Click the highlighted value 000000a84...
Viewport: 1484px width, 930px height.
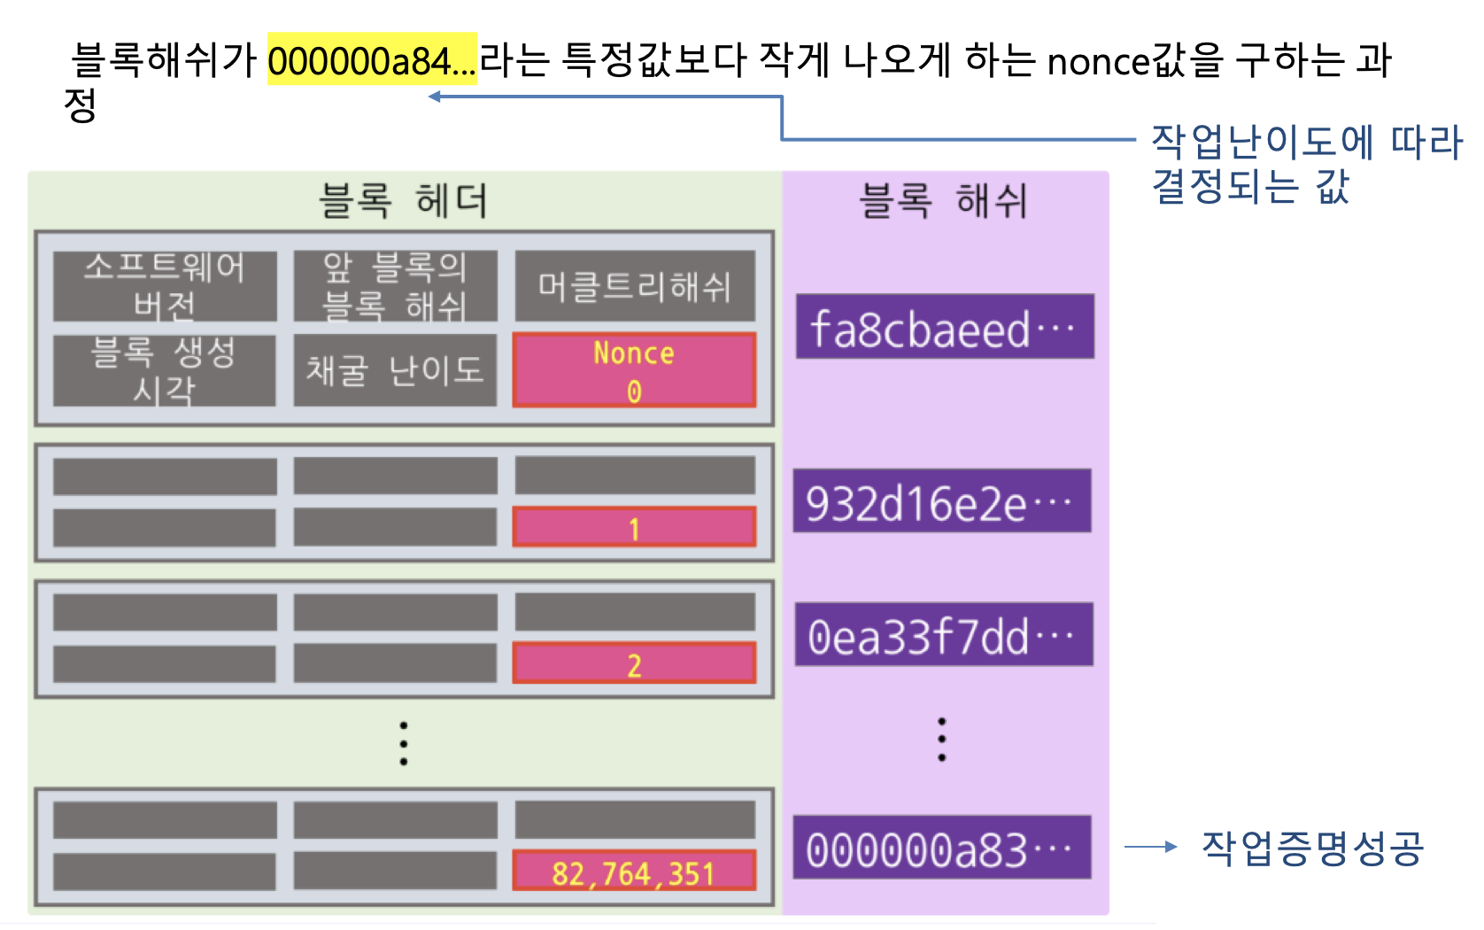[x=372, y=61]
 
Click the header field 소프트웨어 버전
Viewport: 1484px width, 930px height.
[x=165, y=285]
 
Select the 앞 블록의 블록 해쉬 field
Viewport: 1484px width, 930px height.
[x=395, y=285]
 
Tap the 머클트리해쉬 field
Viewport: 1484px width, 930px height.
[x=635, y=285]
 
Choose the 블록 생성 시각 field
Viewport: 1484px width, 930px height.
[x=165, y=370]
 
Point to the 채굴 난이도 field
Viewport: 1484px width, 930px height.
[x=395, y=370]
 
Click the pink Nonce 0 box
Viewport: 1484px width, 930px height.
[x=634, y=370]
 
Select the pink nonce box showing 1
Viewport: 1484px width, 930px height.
[x=634, y=527]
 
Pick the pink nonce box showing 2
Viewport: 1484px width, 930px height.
[x=634, y=664]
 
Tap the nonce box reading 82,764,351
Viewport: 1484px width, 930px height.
[x=634, y=872]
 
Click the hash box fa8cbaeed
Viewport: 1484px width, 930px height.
[x=945, y=327]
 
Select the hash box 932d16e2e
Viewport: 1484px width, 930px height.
[x=941, y=501]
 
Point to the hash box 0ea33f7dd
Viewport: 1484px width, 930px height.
[x=944, y=635]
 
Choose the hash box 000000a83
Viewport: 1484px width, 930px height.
[x=941, y=848]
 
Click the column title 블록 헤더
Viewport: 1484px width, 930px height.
[x=404, y=200]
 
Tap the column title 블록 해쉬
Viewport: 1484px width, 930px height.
[x=944, y=200]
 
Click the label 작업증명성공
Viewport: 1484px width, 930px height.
[x=1312, y=848]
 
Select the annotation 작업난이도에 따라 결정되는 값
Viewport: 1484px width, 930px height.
[x=1306, y=164]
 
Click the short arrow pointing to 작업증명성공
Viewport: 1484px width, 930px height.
[x=1150, y=847]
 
